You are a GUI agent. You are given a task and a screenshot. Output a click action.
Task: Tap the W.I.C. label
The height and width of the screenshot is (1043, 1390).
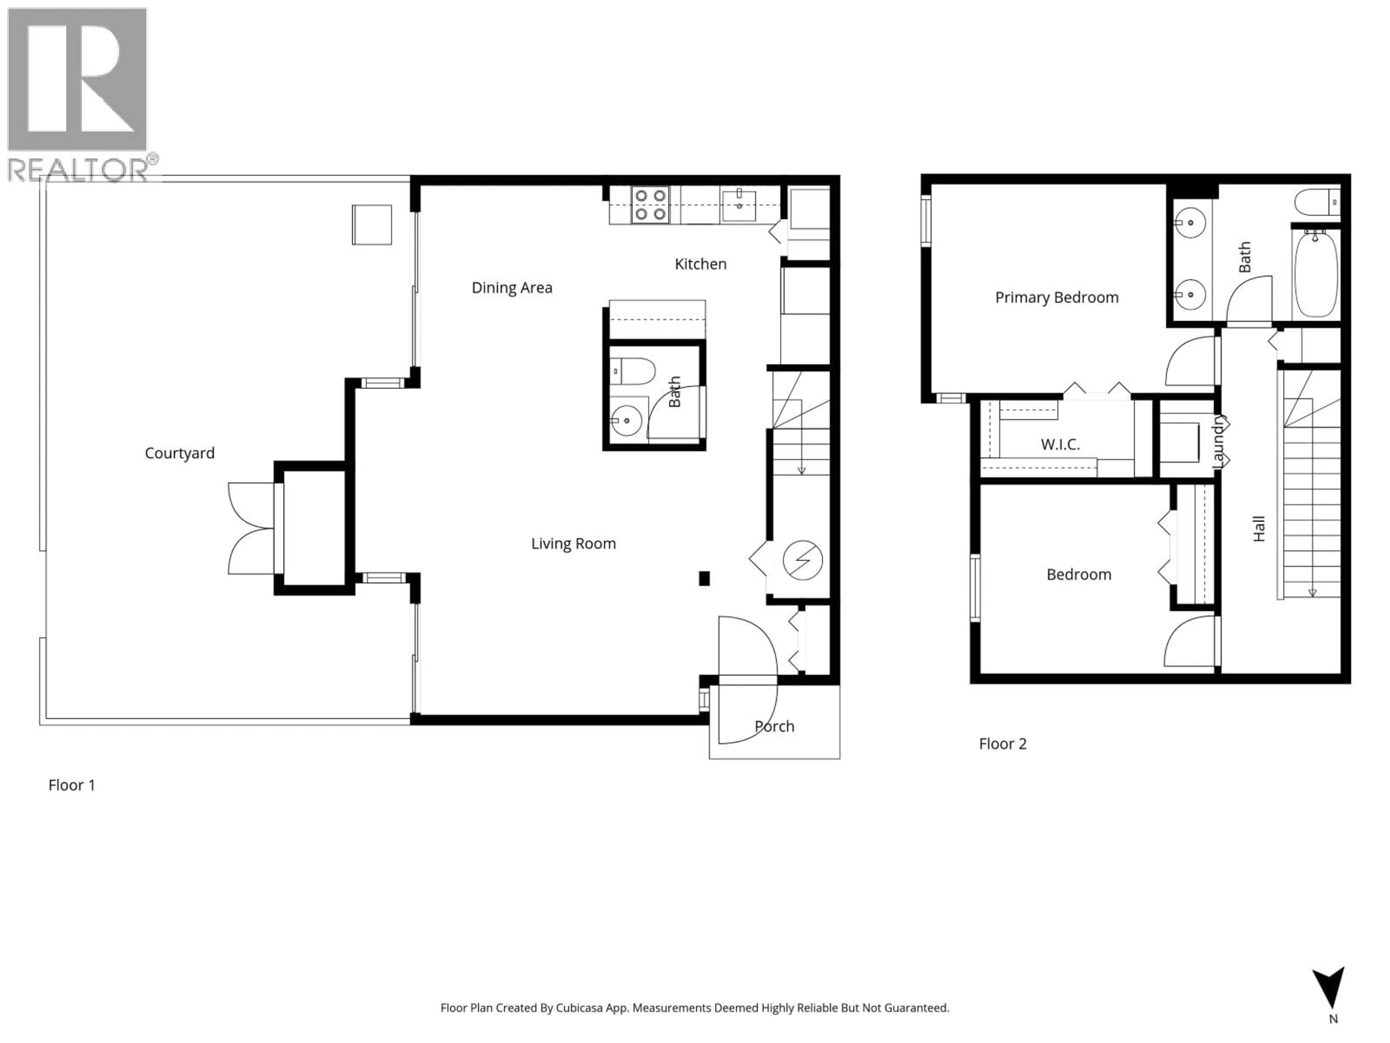click(x=1060, y=444)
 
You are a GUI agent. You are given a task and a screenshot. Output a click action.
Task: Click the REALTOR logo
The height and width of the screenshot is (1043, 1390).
click(x=77, y=94)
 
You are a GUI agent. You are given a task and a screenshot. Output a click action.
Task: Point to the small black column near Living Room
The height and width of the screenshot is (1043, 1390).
click(x=704, y=578)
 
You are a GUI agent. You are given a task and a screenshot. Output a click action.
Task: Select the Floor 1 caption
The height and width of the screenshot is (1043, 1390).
click(x=72, y=785)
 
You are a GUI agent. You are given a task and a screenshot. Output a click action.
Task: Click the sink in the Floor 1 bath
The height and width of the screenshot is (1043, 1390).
click(x=627, y=419)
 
